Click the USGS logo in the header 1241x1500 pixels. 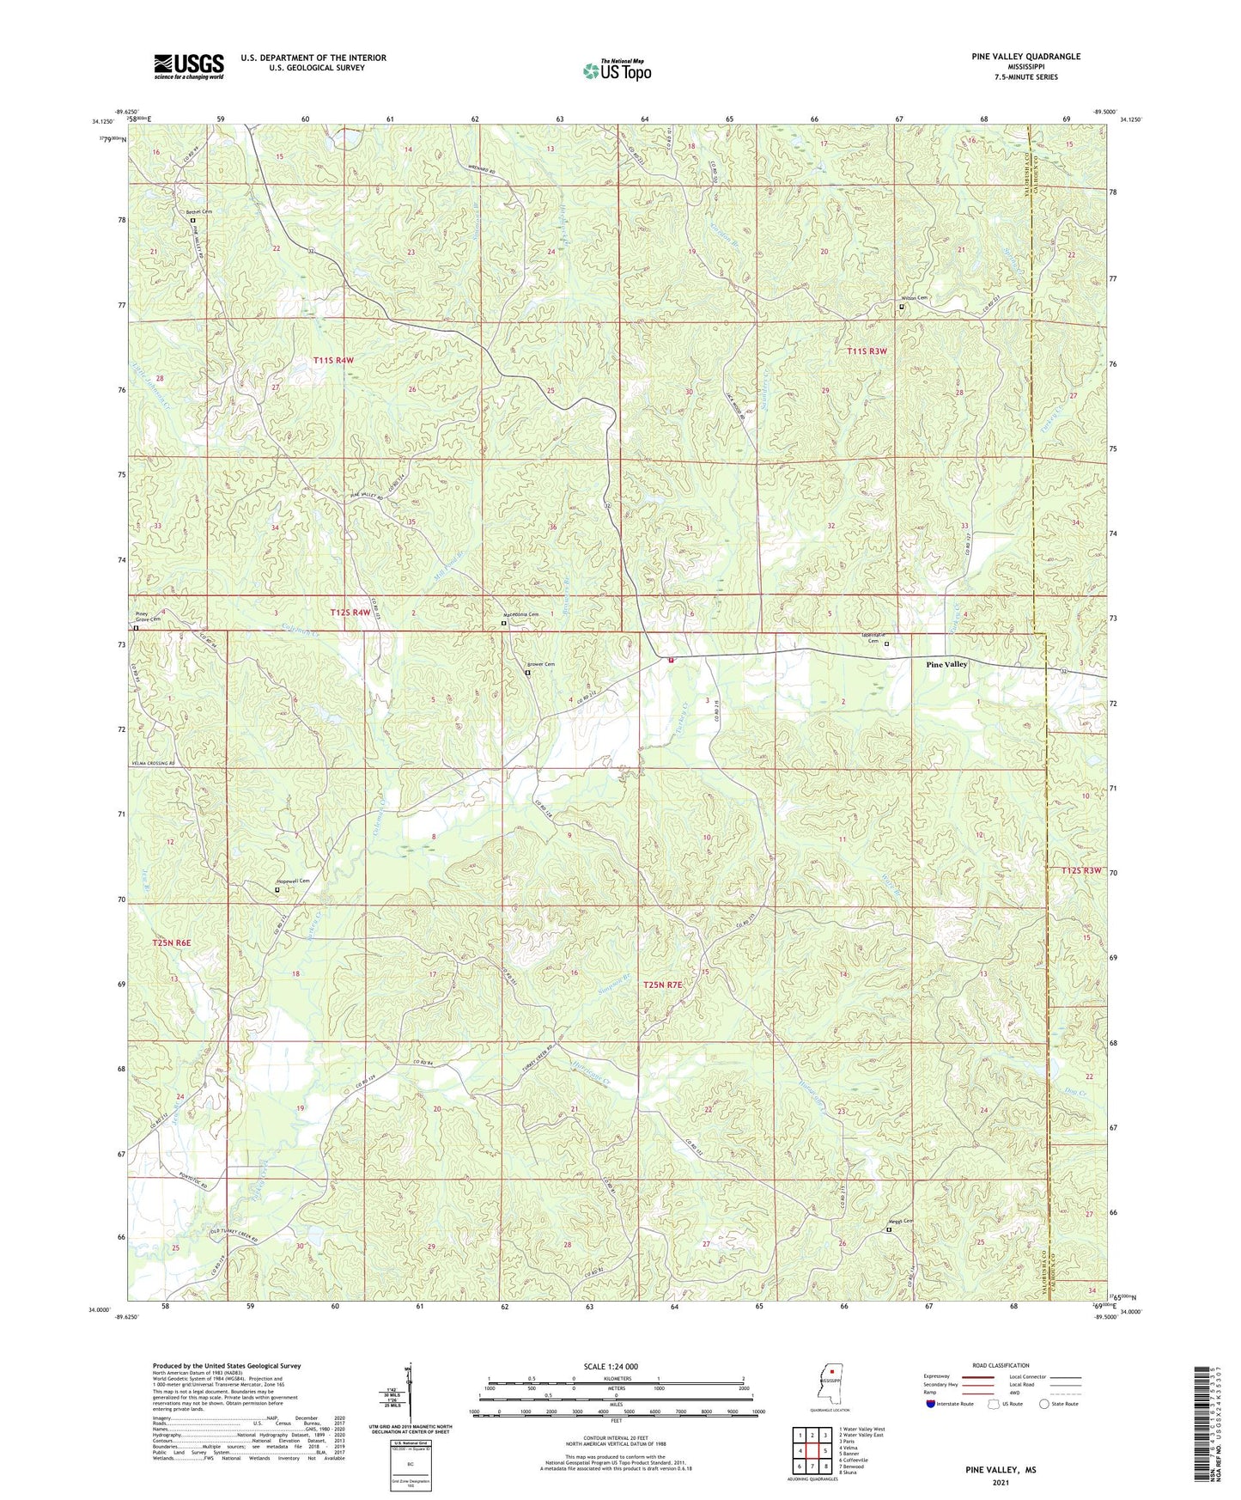(x=188, y=66)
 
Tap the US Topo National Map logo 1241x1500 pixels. (x=617, y=70)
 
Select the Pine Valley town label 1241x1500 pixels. (x=946, y=664)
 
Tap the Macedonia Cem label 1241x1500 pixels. (x=520, y=614)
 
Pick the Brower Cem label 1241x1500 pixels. (x=541, y=664)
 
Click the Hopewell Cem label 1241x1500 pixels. (x=292, y=881)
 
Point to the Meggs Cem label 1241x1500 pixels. (x=900, y=1221)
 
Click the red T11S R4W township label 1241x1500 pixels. (x=333, y=361)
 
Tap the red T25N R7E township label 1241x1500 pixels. (x=663, y=985)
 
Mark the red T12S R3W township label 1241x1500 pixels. (x=1080, y=870)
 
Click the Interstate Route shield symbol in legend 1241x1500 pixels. (x=930, y=1404)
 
